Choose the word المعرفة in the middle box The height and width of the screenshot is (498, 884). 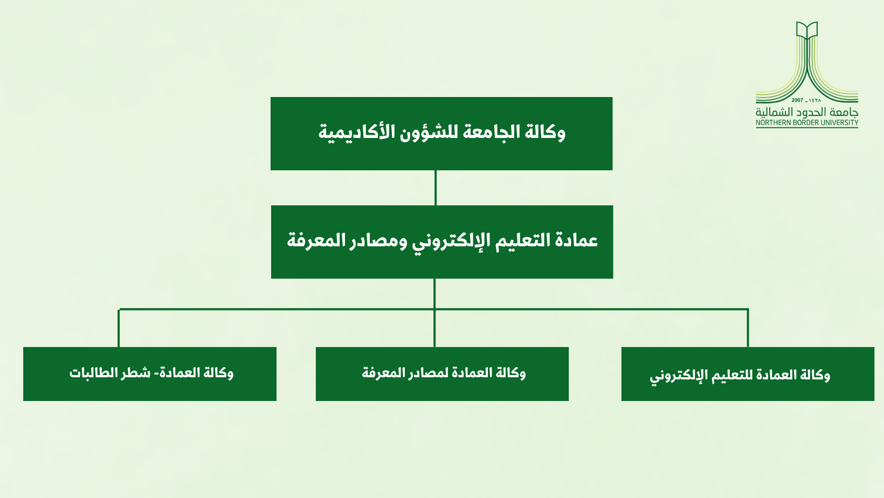pos(316,240)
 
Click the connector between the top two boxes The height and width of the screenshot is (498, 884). pos(436,188)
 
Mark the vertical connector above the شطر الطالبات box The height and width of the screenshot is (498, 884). pos(119,328)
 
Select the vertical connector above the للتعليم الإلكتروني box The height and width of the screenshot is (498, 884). pos(748,328)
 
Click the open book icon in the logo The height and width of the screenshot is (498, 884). pos(806,31)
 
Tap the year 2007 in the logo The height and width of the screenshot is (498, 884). pos(797,100)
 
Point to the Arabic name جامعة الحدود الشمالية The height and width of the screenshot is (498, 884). pos(807,112)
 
